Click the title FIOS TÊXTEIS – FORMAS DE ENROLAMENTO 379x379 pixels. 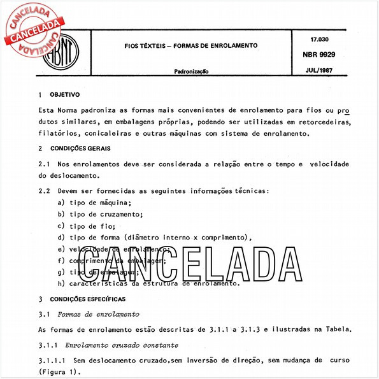[x=190, y=46]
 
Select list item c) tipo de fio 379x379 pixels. [x=86, y=225]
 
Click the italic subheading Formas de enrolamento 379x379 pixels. [x=98, y=314]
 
